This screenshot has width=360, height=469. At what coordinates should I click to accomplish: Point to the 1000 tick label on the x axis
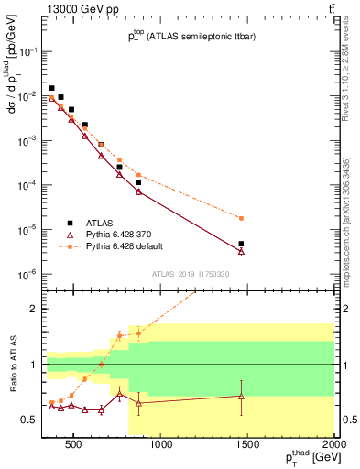pyautogui.click(x=160, y=446)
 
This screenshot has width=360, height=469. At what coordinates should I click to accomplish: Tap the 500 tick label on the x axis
pyautogui.click(x=74, y=446)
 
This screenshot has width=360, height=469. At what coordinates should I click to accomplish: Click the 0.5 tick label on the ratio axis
pyautogui.click(x=29, y=420)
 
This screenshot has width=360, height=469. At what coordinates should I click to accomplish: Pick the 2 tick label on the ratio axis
pyautogui.click(x=34, y=309)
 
